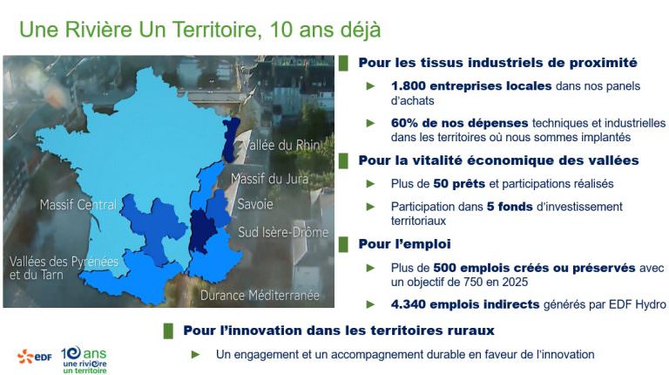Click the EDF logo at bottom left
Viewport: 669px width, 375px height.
pyautogui.click(x=34, y=357)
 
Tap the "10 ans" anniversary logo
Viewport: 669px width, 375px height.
pyautogui.click(x=84, y=359)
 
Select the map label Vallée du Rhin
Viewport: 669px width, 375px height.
pyautogui.click(x=281, y=146)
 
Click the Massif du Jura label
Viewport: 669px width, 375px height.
pyautogui.click(x=270, y=179)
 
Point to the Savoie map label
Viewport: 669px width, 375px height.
pyautogui.click(x=255, y=204)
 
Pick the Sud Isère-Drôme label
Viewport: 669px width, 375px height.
pyautogui.click(x=283, y=232)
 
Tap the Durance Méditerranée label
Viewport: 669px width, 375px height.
pyautogui.click(x=260, y=295)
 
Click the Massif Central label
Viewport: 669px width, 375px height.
pyautogui.click(x=78, y=205)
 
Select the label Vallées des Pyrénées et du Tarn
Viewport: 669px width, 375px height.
pyautogui.click(x=64, y=268)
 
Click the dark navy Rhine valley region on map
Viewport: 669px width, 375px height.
pyautogui.click(x=230, y=140)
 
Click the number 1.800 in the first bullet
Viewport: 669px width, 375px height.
pyautogui.click(x=409, y=85)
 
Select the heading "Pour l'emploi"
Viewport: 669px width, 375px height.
pyautogui.click(x=404, y=244)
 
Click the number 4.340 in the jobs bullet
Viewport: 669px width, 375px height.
pyautogui.click(x=409, y=304)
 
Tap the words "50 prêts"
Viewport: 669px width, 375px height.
pyautogui.click(x=459, y=184)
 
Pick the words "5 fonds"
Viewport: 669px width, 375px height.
pyautogui.click(x=510, y=207)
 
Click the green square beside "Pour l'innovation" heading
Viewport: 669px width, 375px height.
pyautogui.click(x=168, y=331)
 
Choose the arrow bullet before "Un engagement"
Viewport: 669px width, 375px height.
pyautogui.click(x=195, y=354)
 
